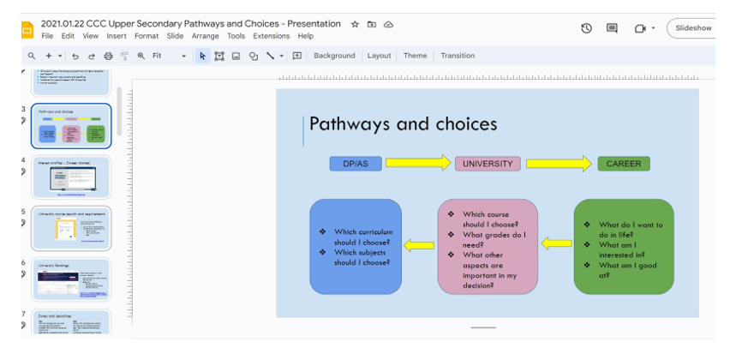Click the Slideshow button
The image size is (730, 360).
[693, 27]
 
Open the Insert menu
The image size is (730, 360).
[117, 36]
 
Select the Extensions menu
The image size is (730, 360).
[272, 36]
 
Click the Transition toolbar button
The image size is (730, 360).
[458, 56]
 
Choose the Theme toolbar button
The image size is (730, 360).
[415, 56]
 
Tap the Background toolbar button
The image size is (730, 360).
[334, 56]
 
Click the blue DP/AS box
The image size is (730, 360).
[356, 164]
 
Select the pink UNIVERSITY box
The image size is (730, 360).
[488, 164]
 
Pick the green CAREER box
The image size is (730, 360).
[624, 164]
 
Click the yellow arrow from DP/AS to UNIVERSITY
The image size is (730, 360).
[418, 163]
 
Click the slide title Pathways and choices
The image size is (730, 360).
[403, 123]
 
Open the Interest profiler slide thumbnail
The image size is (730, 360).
[72, 178]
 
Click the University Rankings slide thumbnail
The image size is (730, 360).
[72, 280]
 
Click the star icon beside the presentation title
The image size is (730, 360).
[355, 24]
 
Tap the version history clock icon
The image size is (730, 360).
[587, 27]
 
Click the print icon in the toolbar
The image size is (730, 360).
[108, 56]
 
